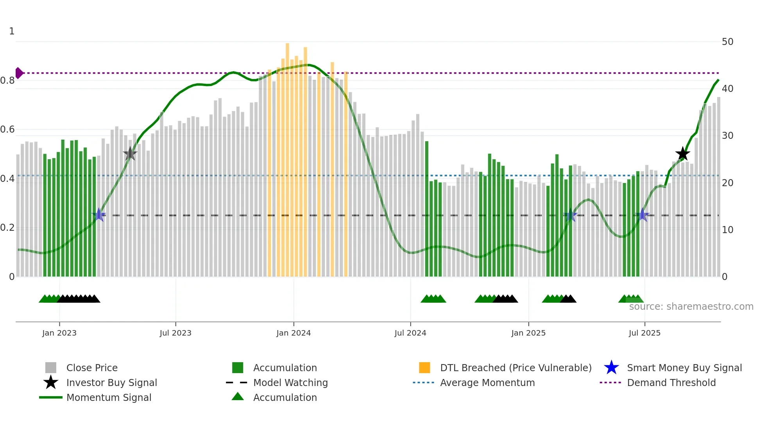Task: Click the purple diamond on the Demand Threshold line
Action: [19, 73]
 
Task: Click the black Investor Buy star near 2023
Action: [130, 154]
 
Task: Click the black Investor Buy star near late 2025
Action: [683, 154]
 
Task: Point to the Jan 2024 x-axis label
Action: [294, 333]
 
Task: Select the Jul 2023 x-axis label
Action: [175, 333]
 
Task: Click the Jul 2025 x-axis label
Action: [644, 333]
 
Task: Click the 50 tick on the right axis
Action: [727, 42]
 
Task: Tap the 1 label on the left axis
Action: [12, 31]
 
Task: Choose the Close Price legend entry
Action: [91, 368]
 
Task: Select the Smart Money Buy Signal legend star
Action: [611, 368]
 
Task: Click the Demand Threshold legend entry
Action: [671, 383]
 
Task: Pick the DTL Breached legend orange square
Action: [424, 368]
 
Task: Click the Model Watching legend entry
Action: [290, 383]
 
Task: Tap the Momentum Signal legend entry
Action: [109, 398]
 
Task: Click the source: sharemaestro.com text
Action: [691, 307]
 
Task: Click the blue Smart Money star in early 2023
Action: [99, 215]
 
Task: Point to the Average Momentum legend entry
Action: [487, 383]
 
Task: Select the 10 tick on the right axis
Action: [727, 230]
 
